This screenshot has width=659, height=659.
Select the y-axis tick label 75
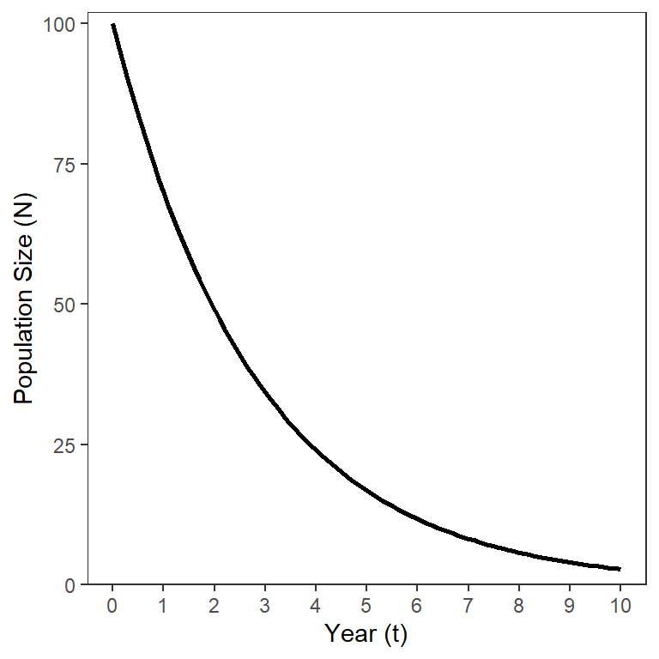[x=66, y=165]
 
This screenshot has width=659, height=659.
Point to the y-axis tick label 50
[x=66, y=305]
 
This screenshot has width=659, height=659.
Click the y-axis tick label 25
[x=66, y=444]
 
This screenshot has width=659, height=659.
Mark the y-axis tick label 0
[x=70, y=584]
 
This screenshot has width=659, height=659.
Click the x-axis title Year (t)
[x=366, y=635]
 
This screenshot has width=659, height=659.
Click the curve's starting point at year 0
[x=112, y=25]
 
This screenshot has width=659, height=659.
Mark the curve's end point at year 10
[x=620, y=569]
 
